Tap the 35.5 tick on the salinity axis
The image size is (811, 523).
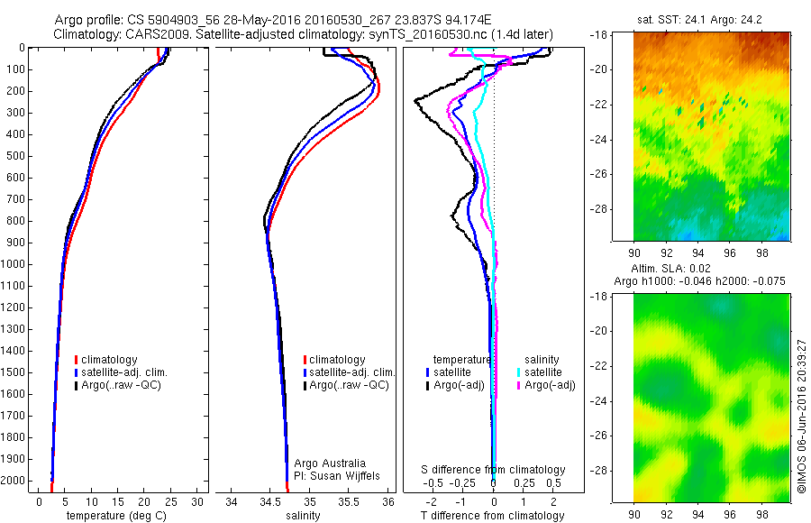(349, 501)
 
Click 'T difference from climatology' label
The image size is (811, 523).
(493, 516)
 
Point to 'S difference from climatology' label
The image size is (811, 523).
(494, 470)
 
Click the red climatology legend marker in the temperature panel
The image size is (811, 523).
(77, 360)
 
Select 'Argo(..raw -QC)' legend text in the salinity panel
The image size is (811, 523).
(349, 385)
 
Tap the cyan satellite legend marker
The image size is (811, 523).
(519, 372)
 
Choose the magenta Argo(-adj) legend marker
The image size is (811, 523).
(519, 385)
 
